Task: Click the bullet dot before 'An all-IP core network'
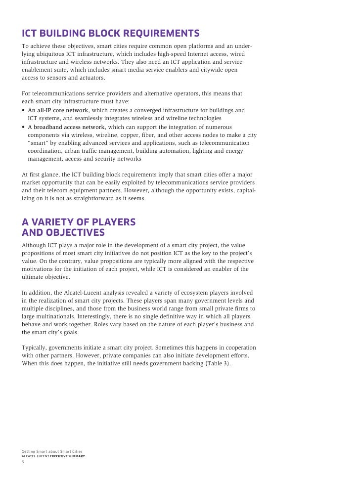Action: pyautogui.click(x=24, y=110)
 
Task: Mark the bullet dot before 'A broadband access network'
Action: pyautogui.click(x=24, y=127)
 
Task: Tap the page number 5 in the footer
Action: pyautogui.click(x=23, y=462)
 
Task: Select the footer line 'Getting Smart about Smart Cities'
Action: pyautogui.click(x=52, y=451)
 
